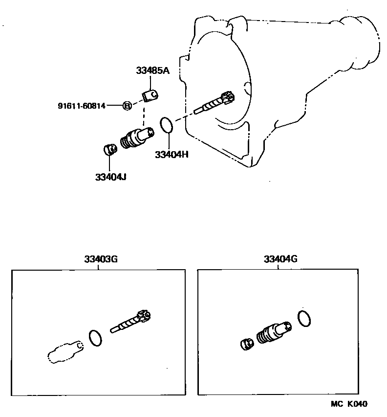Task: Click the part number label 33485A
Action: pos(152,71)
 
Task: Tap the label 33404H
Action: pos(171,154)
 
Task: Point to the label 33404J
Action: pos(111,176)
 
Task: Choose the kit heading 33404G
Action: pos(280,259)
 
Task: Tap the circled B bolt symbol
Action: pos(127,105)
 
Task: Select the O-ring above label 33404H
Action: pos(166,125)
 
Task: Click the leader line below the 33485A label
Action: pos(152,81)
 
